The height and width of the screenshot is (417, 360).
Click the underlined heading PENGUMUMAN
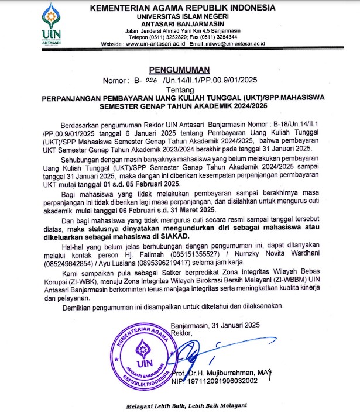180,68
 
